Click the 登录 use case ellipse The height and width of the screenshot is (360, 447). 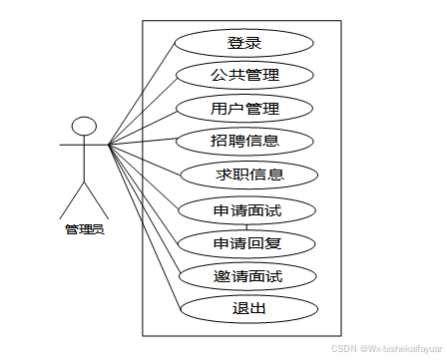(244, 43)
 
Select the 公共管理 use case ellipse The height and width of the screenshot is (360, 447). (244, 75)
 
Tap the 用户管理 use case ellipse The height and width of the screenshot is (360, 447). (244, 108)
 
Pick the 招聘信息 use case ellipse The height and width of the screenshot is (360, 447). (244, 141)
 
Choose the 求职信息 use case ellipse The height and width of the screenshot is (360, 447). (250, 175)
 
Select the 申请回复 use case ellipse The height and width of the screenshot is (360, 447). (244, 242)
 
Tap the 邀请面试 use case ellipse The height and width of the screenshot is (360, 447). (244, 275)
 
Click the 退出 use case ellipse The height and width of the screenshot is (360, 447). (248, 308)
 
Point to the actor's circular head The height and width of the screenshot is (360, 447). (85, 127)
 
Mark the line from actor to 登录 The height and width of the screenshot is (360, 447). (141, 95)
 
